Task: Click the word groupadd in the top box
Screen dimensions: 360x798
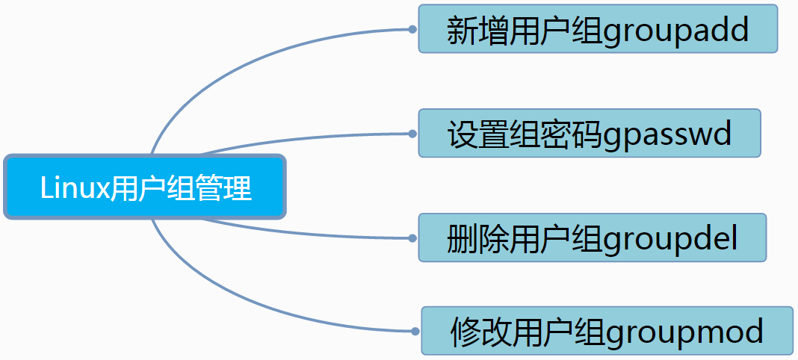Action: (675, 31)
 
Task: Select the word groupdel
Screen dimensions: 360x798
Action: (670, 240)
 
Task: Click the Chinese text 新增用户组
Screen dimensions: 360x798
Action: (524, 31)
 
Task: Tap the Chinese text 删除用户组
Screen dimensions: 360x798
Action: (524, 239)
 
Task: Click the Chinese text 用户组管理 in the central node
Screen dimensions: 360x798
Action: (181, 188)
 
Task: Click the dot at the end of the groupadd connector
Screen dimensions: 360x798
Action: (412, 29)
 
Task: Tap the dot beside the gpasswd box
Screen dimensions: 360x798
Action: (412, 134)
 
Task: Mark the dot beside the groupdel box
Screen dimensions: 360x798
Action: (412, 238)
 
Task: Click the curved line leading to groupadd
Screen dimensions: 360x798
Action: (224, 68)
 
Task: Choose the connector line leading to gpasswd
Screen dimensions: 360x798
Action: (299, 138)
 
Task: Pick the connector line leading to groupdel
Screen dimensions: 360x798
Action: (299, 233)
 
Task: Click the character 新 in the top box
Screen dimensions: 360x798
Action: (462, 31)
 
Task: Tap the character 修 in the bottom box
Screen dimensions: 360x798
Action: (465, 332)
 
